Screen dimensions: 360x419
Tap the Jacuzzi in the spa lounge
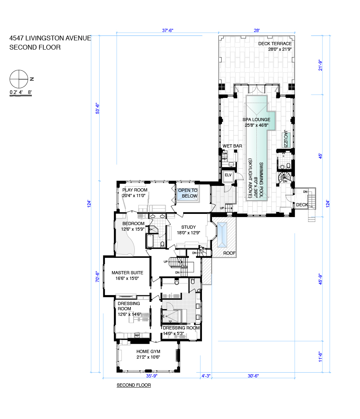pyautogui.click(x=286, y=139)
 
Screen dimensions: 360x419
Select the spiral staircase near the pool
pyautogui.click(x=284, y=178)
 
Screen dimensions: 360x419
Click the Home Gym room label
pyautogui.click(x=148, y=354)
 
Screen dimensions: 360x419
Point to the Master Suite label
pyautogui.click(x=127, y=275)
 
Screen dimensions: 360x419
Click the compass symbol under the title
pyautogui.click(x=19, y=79)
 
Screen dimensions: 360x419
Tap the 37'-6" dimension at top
pyautogui.click(x=168, y=30)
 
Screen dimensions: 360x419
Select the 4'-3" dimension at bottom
pyautogui.click(x=206, y=376)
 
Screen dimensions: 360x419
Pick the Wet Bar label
pyautogui.click(x=232, y=146)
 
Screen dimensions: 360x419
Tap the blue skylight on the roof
pyautogui.click(x=222, y=235)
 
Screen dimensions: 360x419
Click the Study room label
pyautogui.click(x=188, y=230)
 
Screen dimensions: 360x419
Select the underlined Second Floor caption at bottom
pyautogui.click(x=134, y=385)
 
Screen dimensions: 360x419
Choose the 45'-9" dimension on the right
pyautogui.click(x=320, y=279)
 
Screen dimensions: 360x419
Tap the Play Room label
pyautogui.click(x=135, y=193)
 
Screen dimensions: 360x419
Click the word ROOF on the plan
pyautogui.click(x=229, y=253)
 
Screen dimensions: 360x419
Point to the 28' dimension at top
pyautogui.click(x=256, y=30)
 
